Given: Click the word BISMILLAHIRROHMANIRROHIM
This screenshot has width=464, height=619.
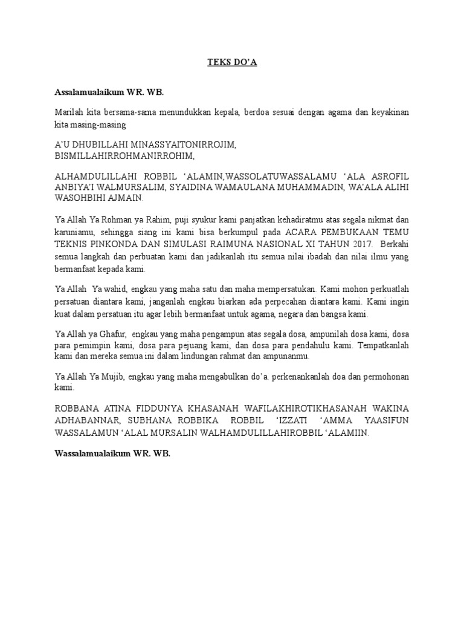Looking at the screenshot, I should coord(125,156).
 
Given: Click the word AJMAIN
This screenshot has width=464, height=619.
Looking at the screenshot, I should coord(126,198).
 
